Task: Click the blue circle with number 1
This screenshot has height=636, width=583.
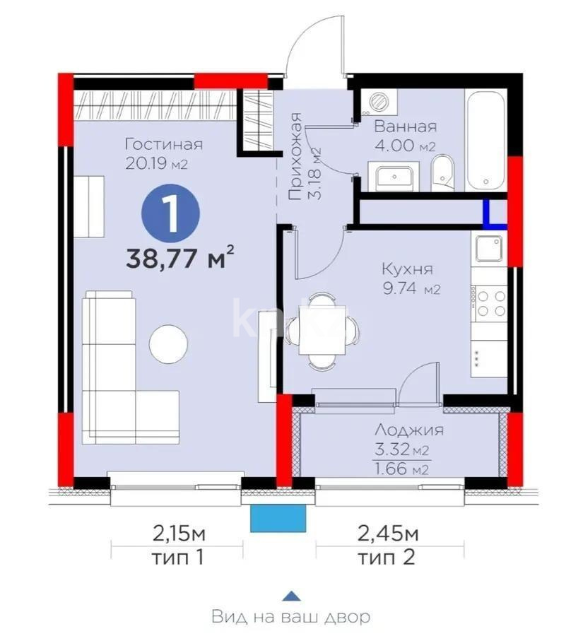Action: tap(170, 211)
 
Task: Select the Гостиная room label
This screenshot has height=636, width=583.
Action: tap(163, 144)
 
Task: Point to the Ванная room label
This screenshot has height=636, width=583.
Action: tap(405, 127)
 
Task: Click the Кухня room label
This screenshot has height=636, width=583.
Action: tap(406, 269)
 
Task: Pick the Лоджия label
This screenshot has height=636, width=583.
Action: tap(408, 430)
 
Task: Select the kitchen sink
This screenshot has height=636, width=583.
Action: tap(488, 248)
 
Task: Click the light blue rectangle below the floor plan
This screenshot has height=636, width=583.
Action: tap(278, 519)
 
